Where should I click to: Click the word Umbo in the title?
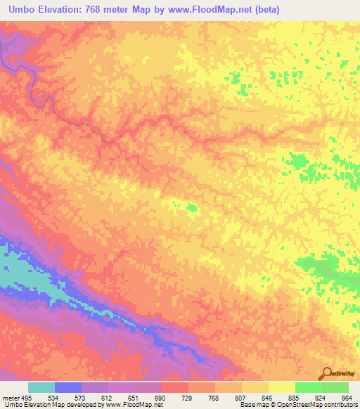[24, 10]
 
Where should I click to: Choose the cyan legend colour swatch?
[41, 387]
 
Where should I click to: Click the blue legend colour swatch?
[68, 387]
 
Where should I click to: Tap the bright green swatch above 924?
[308, 387]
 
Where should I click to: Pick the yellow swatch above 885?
[281, 387]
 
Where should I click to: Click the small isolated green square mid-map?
[192, 207]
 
